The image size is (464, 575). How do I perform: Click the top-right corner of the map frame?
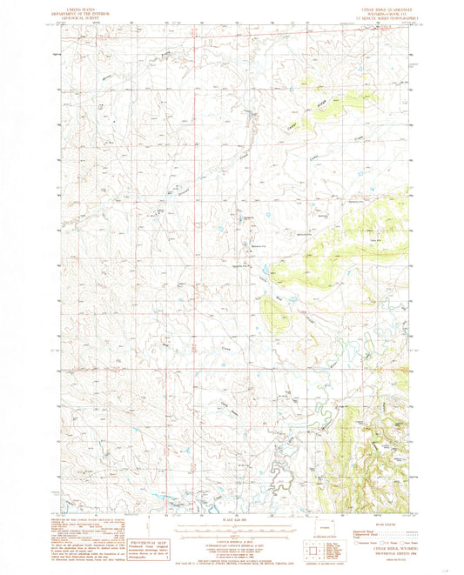click(x=407, y=23)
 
